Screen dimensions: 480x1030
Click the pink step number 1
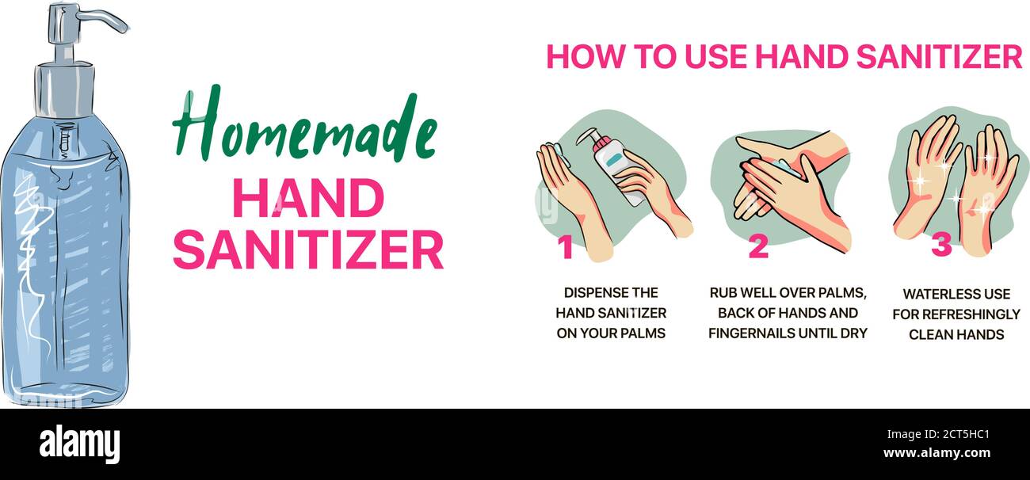565,247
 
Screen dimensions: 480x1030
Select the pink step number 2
758,247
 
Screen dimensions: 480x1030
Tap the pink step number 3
941,246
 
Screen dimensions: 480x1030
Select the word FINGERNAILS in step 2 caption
749,333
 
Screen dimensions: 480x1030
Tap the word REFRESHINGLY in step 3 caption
970,314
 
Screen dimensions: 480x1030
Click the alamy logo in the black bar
80,444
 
